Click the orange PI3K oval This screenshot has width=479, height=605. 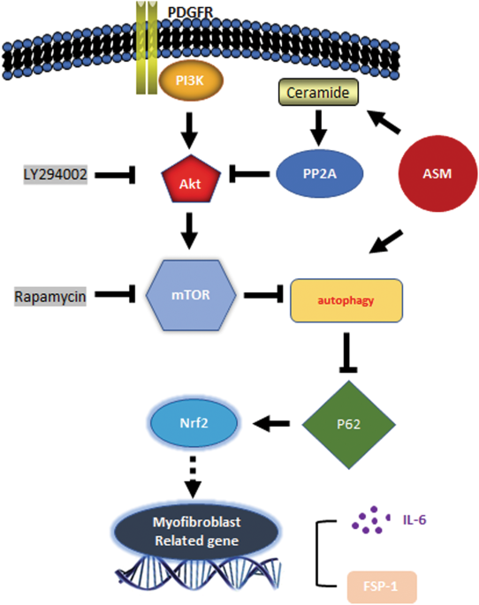coord(186,84)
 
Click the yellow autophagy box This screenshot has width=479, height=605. coord(346,302)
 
